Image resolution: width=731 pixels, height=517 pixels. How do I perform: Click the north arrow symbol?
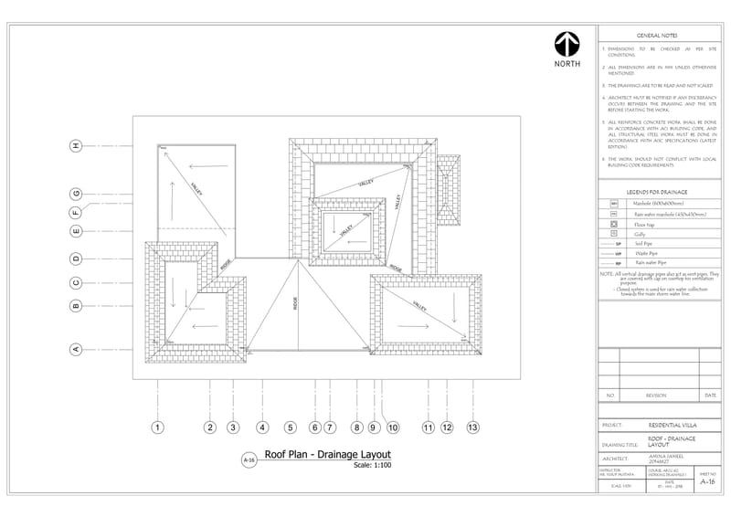[567, 44]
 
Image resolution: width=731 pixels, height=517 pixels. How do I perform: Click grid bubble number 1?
[157, 427]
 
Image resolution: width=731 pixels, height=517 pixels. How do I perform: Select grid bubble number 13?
[472, 427]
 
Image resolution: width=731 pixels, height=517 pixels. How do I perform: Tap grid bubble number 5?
[291, 427]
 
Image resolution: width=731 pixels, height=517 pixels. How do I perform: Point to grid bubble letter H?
[77, 145]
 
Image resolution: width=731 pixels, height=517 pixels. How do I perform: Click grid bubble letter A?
[77, 348]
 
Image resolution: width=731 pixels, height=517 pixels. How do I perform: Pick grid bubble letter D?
[77, 258]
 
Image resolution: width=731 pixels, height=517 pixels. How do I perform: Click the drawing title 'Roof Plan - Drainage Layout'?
[327, 454]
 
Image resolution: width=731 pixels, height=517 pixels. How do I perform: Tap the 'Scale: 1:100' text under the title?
[372, 466]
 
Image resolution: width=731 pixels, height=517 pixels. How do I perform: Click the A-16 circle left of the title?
[249, 461]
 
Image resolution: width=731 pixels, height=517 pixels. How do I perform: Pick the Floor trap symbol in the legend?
[614, 224]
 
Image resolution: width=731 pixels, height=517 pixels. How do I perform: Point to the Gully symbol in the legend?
[614, 234]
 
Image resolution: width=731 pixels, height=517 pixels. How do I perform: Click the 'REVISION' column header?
[656, 396]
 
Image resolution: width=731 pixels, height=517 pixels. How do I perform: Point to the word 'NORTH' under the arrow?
[567, 65]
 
